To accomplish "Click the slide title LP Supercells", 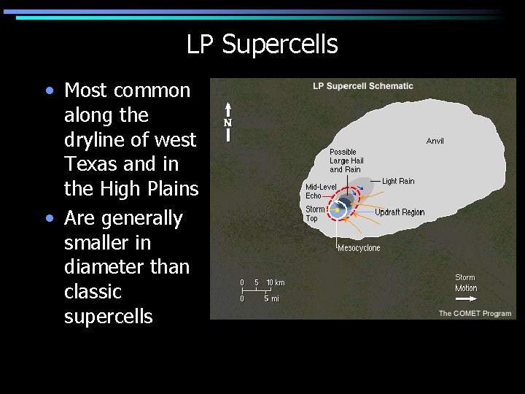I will pos(262,45).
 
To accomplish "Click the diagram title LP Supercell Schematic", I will pos(362,86).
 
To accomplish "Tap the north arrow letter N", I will pos(227,123).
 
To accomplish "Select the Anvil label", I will pos(435,141).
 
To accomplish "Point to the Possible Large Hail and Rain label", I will pos(346,161).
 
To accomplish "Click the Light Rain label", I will pos(398,181).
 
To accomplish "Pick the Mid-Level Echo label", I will pos(321,191).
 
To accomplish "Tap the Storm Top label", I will pos(315,214).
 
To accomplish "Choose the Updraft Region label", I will pos(400,212).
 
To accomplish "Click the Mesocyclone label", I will pos(359,248).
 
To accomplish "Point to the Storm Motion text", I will pos(465,282).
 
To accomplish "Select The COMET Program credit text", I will pos(475,313).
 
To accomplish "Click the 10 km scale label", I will pos(276,282).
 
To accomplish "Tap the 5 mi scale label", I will pos(271,298).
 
